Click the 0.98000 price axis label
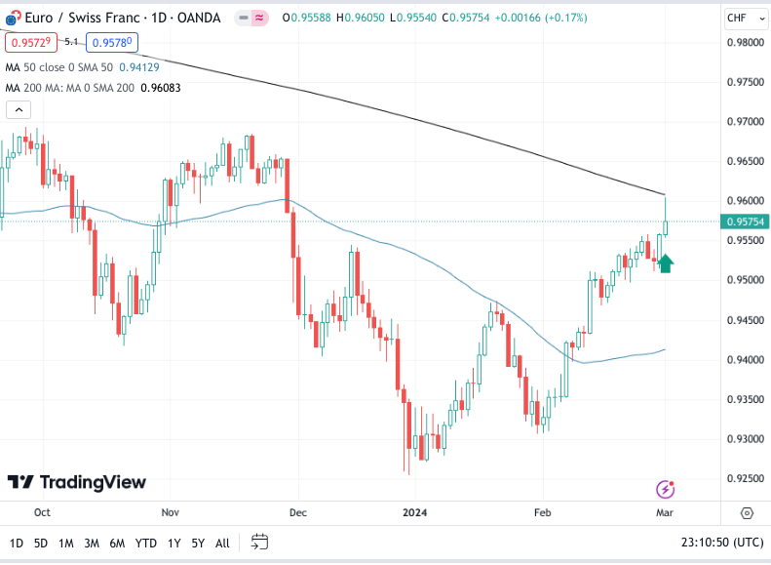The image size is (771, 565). coord(743,42)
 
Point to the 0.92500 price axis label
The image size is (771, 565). coord(743,478)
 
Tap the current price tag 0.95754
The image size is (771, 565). coord(744,222)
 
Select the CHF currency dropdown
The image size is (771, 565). coord(743,18)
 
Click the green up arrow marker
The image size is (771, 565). coord(666,262)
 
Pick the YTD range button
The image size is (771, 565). coord(146,543)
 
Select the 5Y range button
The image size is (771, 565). coord(198,543)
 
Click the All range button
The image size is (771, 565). coord(222,543)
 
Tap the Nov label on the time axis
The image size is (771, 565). coord(171,511)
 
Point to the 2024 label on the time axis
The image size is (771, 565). coord(415,511)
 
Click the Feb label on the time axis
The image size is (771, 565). coord(543,511)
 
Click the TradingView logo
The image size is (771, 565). coord(77,482)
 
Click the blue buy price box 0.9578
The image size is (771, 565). coord(113,42)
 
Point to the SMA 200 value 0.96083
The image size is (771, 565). coord(161,88)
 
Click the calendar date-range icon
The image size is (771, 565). coord(259,542)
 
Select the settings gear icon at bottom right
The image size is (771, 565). coord(747,512)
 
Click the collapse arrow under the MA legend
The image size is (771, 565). coord(14,110)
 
